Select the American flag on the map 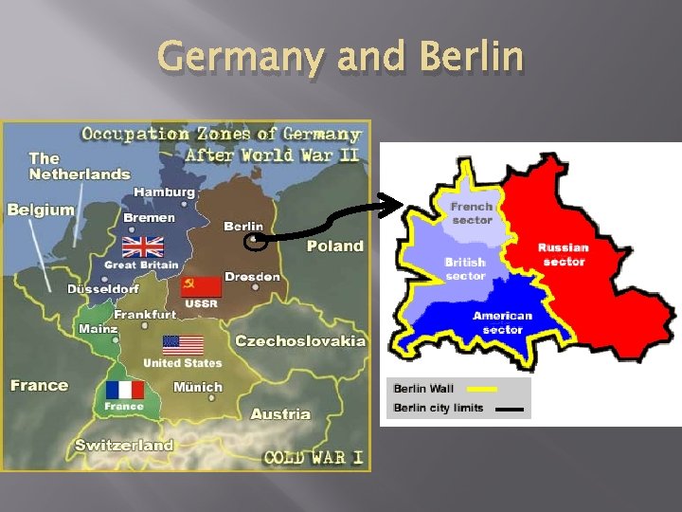[183, 345]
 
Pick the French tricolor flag [124, 390]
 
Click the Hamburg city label [164, 192]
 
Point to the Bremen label [150, 217]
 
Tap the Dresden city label [252, 277]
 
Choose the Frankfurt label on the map [145, 314]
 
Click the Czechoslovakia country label [299, 340]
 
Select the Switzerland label [124, 445]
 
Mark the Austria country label [280, 413]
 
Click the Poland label [334, 246]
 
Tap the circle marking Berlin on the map [256, 242]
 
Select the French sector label [472, 213]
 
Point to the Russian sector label [564, 254]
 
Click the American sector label [502, 322]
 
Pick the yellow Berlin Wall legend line [482, 389]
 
